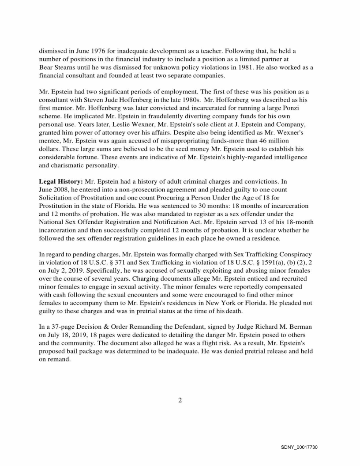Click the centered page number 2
coord(180,400)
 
